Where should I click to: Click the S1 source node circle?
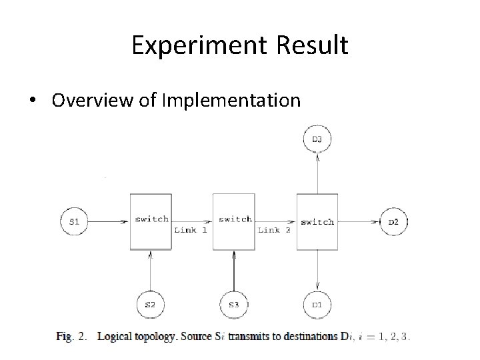pos(75,221)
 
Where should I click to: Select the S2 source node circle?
pos(150,305)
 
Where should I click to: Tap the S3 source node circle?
pos(233,305)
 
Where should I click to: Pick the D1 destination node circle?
pos(317,305)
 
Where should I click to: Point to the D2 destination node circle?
pos(393,221)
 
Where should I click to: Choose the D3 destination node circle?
pos(317,139)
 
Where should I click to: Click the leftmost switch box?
pos(151,221)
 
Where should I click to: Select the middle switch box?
pos(233,221)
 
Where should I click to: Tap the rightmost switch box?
pos(317,221)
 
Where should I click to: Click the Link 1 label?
pos(191,230)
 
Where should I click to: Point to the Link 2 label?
pos(274,230)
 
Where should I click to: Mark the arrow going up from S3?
pos(233,271)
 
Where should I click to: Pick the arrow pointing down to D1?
pos(317,271)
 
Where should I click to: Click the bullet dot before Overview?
pos(33,101)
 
